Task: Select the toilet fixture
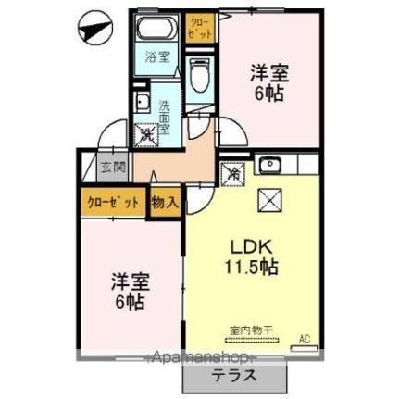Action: coord(199,73)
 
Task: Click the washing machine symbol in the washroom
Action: coord(147,135)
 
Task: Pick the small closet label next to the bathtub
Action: coord(199,27)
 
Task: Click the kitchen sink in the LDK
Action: coord(269,166)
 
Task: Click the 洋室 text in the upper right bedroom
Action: coord(269,73)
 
